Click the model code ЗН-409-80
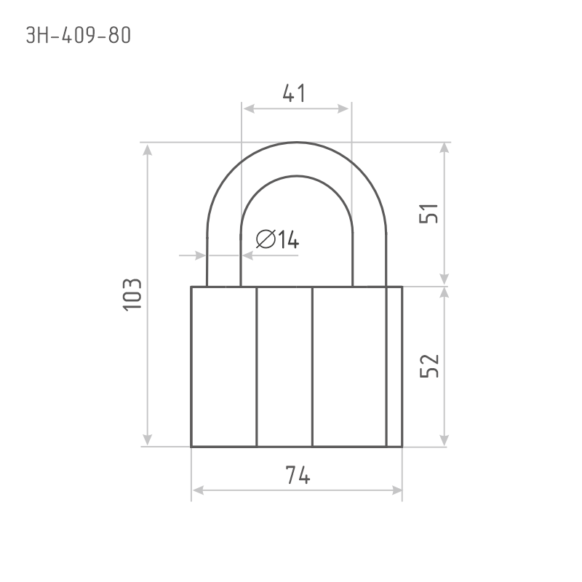click(79, 36)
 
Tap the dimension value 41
click(295, 93)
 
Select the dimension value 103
click(132, 295)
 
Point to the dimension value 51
click(428, 213)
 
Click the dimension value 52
click(429, 366)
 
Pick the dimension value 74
click(298, 475)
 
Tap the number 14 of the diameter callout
click(288, 239)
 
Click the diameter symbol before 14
click(266, 239)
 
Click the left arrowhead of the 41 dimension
click(248, 108)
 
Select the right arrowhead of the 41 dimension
click(343, 108)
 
